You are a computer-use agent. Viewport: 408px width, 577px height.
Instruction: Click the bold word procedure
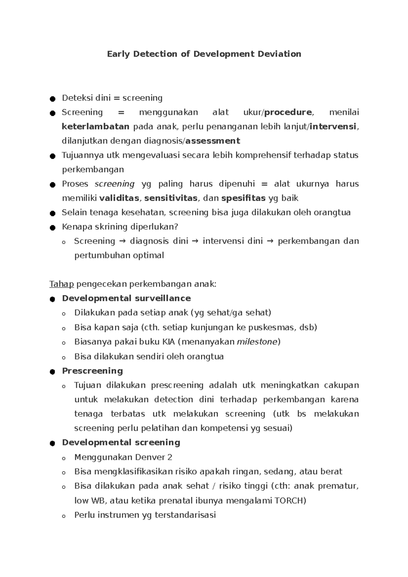point(288,112)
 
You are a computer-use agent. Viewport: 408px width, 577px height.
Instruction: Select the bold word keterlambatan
point(96,127)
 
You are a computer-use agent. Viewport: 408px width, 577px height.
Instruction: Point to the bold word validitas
point(119,198)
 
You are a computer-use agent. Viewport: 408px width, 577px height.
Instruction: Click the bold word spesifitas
point(243,198)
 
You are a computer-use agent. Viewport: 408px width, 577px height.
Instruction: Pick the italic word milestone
point(257,342)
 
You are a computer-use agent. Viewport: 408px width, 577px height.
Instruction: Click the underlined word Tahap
point(62,284)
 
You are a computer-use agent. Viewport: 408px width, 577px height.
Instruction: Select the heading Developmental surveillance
point(126,298)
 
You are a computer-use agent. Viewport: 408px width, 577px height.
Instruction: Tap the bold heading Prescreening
point(92,371)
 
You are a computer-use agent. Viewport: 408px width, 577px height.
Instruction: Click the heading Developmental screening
point(121,442)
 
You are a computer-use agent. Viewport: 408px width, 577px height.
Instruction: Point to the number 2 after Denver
point(170,457)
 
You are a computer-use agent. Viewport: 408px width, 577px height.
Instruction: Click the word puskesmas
point(273,328)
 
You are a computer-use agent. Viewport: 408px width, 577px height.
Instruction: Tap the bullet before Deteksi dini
point(52,99)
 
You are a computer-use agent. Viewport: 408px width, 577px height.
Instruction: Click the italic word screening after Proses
point(115,184)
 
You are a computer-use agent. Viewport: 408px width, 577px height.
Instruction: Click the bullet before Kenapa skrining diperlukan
point(52,228)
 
